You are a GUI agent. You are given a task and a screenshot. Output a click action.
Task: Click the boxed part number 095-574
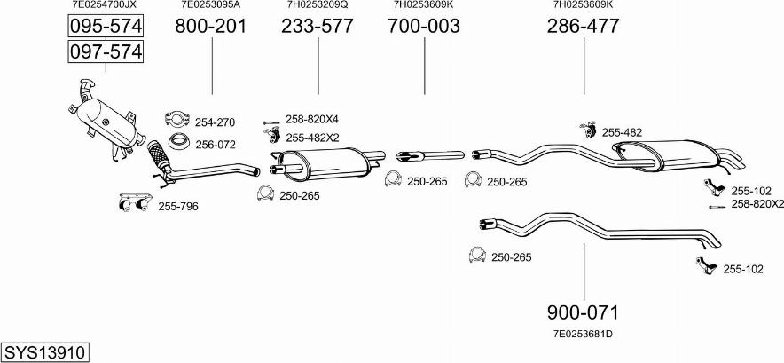click(106, 27)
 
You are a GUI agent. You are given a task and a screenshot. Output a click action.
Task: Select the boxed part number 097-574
click(106, 51)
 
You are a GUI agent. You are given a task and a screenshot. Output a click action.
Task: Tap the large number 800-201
click(211, 26)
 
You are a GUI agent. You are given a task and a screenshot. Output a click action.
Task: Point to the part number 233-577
click(317, 26)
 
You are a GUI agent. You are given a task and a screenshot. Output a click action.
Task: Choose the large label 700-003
click(424, 26)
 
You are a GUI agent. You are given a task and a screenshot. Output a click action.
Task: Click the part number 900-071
click(583, 312)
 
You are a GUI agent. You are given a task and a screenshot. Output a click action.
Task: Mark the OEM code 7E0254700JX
click(105, 5)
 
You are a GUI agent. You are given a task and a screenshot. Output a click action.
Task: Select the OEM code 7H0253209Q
click(318, 5)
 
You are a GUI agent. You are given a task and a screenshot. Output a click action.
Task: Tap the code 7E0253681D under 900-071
click(583, 334)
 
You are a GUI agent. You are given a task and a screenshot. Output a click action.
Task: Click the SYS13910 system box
click(44, 352)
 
